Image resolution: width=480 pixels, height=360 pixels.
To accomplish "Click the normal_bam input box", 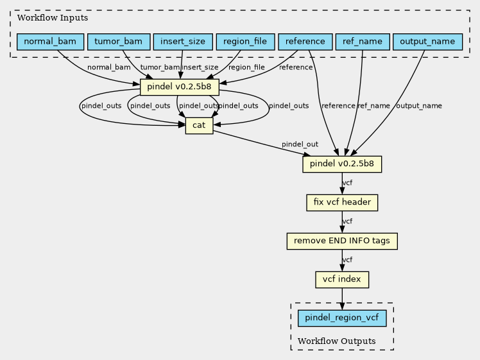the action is coord(50,42).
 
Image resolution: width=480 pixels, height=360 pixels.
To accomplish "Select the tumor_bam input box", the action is coord(119,42).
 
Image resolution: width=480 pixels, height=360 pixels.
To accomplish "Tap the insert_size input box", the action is coord(183,42).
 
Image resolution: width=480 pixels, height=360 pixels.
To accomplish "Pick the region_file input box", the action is coord(245,42).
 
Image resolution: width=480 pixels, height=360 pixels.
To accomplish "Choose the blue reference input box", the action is coord(305,42).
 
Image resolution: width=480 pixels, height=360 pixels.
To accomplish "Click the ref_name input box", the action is coord(363,42).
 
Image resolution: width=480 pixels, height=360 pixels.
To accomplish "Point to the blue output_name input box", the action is coord(427,42).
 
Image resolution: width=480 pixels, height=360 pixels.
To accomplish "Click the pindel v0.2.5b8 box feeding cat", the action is coord(180,87).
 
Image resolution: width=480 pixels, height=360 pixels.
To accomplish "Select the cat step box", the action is coord(199,126).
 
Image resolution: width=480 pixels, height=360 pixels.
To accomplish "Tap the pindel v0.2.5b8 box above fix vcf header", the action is coord(342,164).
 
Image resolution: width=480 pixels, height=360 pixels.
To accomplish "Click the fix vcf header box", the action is coord(342,203).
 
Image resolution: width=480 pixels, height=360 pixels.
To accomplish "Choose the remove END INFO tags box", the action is coord(342,241).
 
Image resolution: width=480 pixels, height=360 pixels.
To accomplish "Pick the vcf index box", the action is coord(342,280).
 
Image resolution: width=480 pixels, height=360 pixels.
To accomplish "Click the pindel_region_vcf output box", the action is coord(342,318).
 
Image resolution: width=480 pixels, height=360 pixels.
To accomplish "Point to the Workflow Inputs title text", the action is coord(53,18).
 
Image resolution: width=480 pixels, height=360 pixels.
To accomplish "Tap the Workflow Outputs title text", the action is coord(337,341).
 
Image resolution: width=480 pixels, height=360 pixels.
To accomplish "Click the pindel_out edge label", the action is coord(300,144).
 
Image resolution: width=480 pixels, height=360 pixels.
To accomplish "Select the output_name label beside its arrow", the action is coord(419,106).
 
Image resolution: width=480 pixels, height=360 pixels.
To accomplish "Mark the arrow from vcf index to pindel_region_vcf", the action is coord(342,299).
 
